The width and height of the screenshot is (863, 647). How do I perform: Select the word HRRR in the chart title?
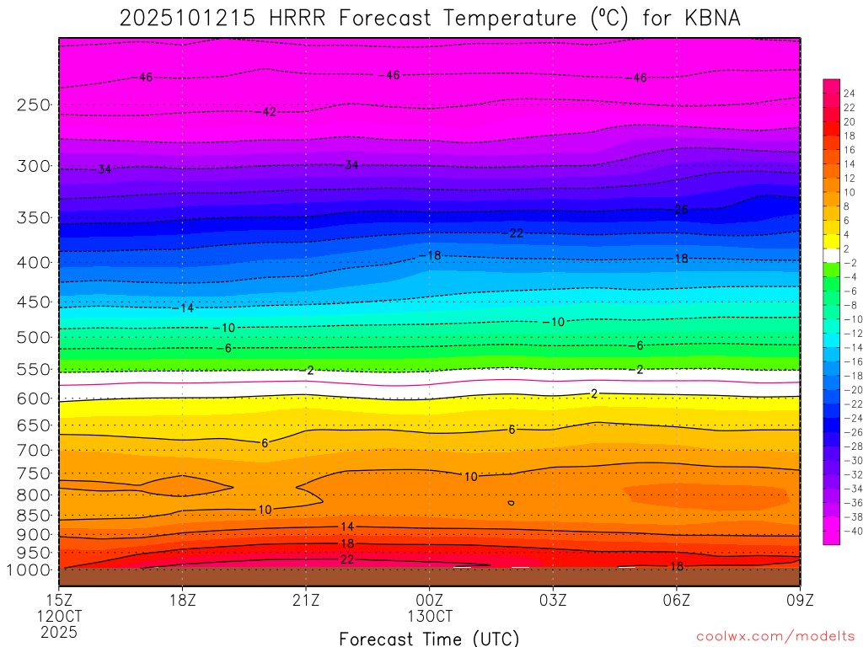[296, 18]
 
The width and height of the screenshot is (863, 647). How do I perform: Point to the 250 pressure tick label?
[34, 105]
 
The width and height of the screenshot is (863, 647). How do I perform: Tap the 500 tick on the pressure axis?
[34, 338]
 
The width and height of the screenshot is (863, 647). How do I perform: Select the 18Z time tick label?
[183, 600]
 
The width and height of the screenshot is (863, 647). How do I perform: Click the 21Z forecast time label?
[306, 600]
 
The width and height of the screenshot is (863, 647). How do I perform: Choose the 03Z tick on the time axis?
[553, 600]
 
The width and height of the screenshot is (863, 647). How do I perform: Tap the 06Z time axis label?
[676, 600]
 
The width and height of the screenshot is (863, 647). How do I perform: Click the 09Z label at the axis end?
[799, 600]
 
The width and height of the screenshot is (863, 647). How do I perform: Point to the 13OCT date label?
[430, 616]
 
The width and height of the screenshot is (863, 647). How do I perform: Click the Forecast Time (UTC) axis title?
[430, 638]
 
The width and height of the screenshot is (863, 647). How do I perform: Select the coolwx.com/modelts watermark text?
[775, 636]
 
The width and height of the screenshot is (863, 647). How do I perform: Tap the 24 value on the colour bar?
[849, 93]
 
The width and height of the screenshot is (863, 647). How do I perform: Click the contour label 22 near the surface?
[347, 560]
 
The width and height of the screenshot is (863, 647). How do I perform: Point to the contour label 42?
[270, 112]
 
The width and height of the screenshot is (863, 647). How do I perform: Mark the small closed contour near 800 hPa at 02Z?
[511, 503]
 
